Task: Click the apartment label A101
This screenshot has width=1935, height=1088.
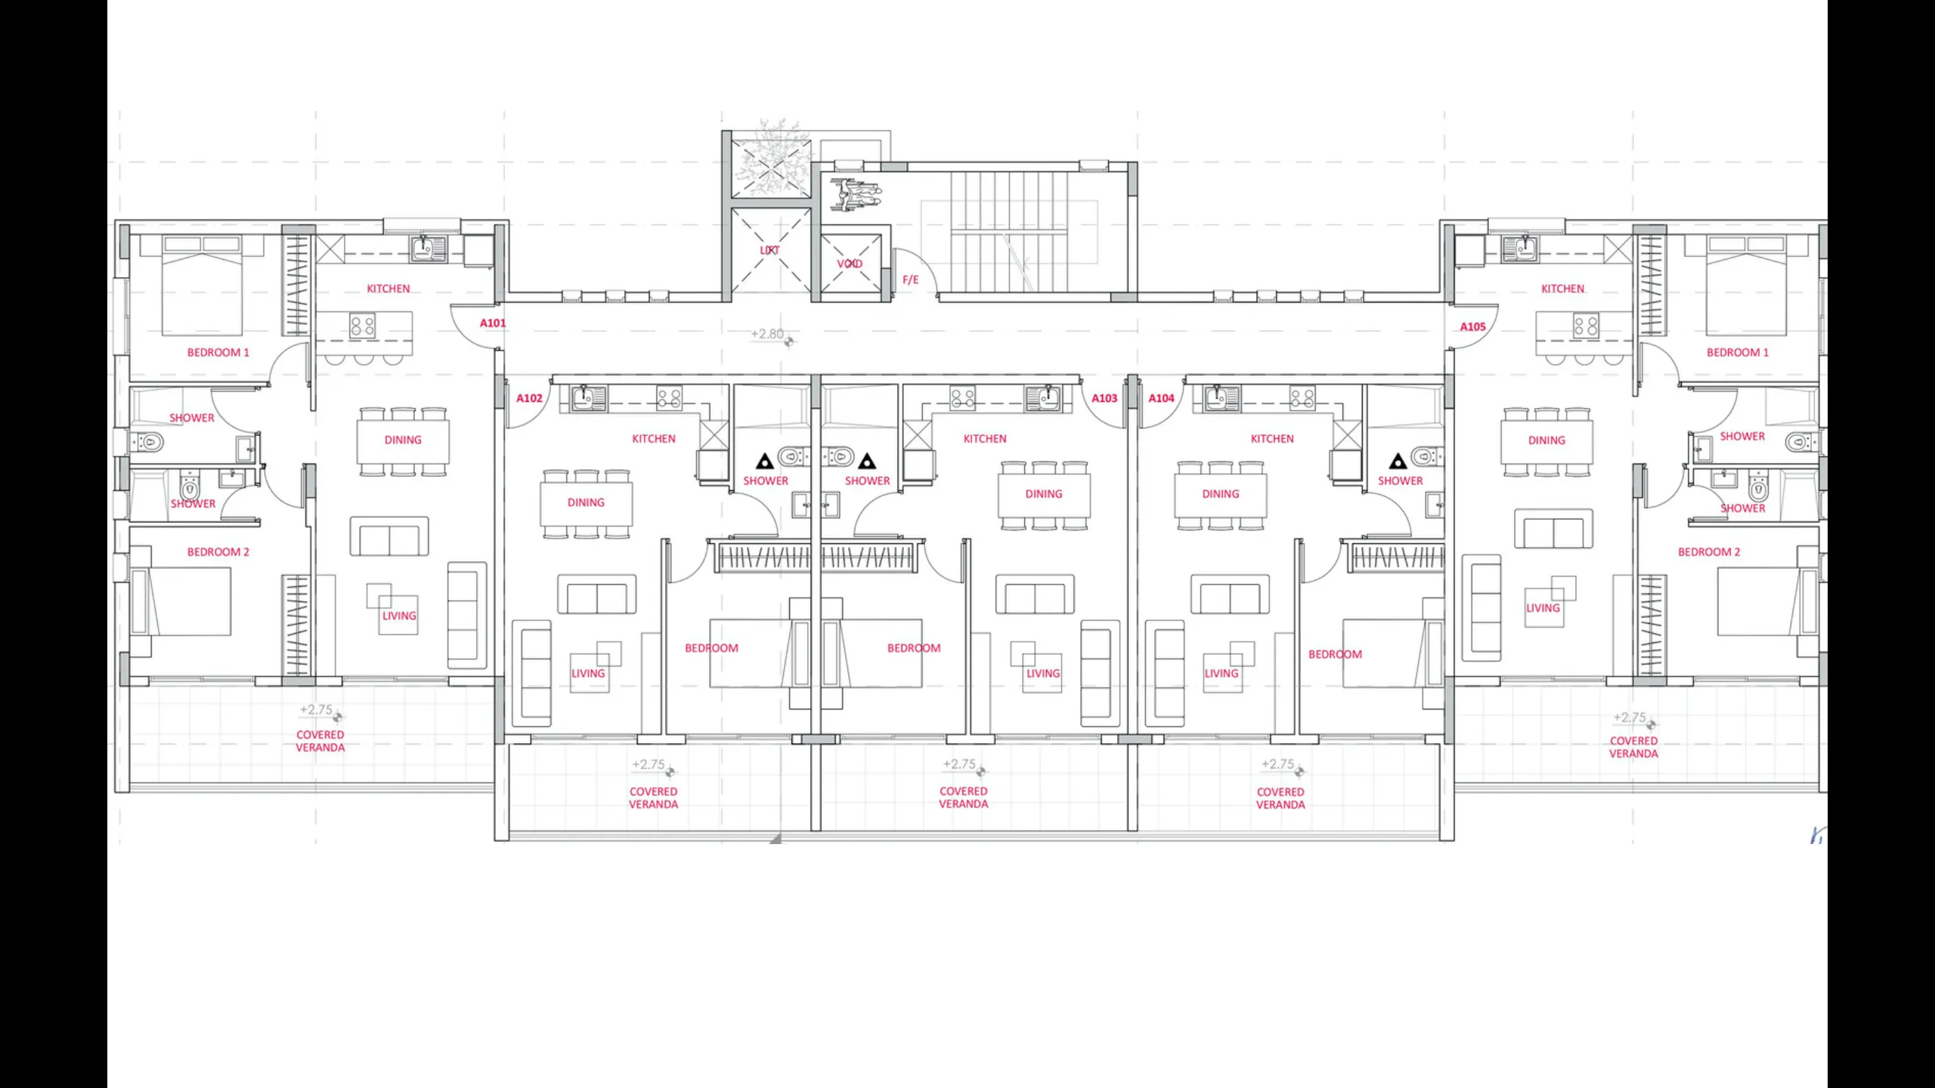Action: (x=493, y=323)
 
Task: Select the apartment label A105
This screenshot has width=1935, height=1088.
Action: (x=1472, y=327)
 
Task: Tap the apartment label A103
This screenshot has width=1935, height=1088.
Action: (x=1104, y=398)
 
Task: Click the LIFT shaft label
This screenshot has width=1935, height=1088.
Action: (x=769, y=250)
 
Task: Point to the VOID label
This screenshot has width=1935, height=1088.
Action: (x=850, y=264)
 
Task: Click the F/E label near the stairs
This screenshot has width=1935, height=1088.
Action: (x=910, y=280)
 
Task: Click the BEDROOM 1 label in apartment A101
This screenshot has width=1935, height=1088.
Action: (x=218, y=353)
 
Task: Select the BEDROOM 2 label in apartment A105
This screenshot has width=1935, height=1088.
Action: (x=1708, y=552)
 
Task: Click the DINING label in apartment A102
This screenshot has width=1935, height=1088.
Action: (x=586, y=502)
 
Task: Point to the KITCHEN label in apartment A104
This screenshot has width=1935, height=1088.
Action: (x=1272, y=439)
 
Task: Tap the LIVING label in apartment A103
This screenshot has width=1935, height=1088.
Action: (x=1043, y=673)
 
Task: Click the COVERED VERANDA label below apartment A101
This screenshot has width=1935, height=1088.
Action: (x=320, y=741)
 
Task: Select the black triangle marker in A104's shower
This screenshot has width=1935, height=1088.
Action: (x=1398, y=460)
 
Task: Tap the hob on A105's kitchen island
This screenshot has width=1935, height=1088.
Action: (x=1585, y=326)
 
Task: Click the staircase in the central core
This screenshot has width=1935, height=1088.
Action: (x=1009, y=232)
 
